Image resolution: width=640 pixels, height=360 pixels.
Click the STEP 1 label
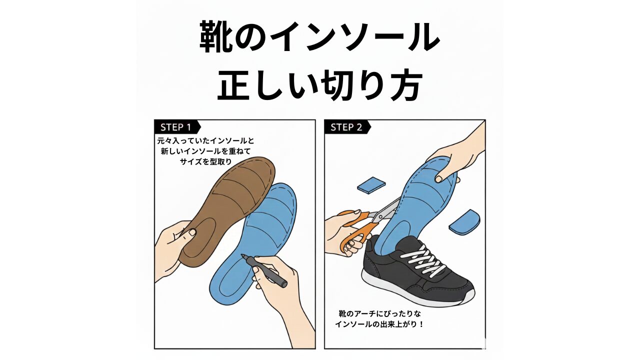(x=175, y=127)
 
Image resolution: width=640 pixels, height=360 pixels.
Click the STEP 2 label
(x=346, y=127)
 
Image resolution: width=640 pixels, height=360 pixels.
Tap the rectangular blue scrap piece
(x=371, y=184)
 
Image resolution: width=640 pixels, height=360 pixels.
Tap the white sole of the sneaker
(x=450, y=299)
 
